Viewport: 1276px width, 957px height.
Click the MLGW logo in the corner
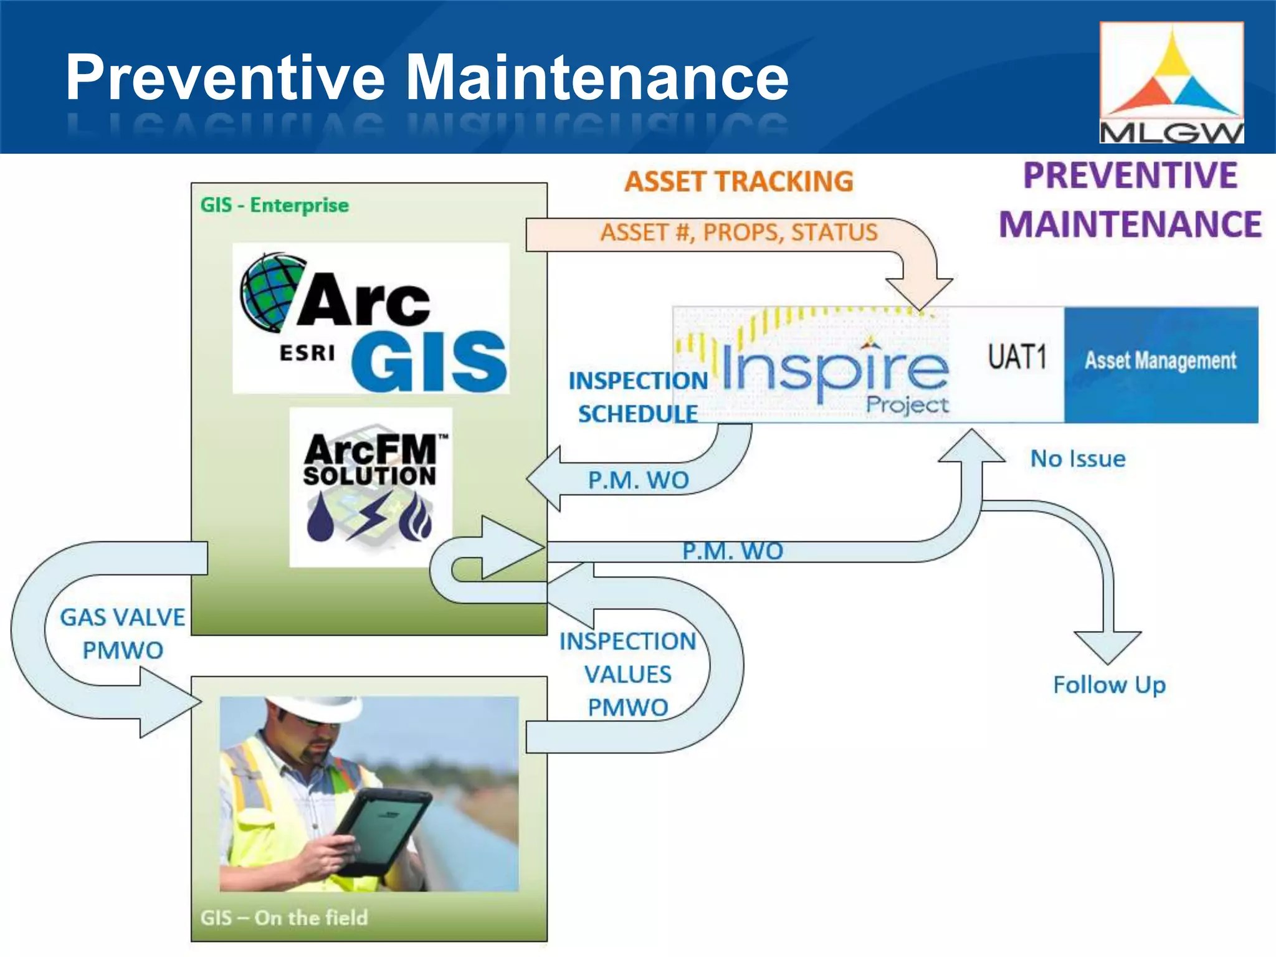tap(1171, 82)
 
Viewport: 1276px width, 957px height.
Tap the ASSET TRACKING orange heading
tap(739, 181)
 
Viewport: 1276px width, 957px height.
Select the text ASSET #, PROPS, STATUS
tap(739, 232)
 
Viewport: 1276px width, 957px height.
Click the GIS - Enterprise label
tap(274, 205)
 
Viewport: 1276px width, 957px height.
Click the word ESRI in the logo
tap(307, 353)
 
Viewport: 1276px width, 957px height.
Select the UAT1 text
tap(1017, 358)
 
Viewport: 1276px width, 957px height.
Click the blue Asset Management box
tap(1160, 361)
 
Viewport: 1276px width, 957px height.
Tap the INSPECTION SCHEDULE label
tap(637, 397)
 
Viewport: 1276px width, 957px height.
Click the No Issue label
tap(1077, 459)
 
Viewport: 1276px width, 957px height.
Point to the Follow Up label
tap(1109, 684)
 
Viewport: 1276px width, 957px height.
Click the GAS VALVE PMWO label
tap(122, 634)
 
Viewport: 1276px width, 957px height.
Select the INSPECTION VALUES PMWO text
tap(627, 674)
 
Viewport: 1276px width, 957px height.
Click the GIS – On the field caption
tap(284, 917)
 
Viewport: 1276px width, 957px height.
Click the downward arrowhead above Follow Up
tap(1107, 647)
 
